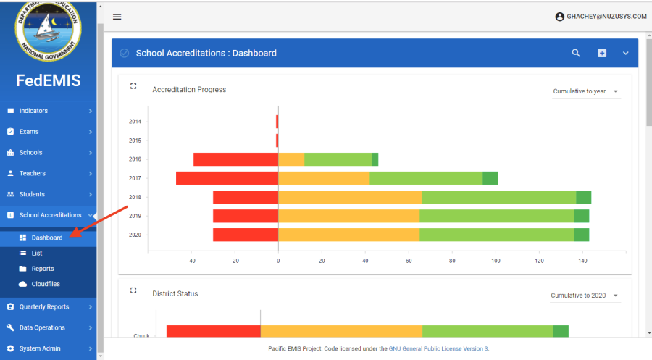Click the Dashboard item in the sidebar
(46, 238)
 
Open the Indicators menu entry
(33, 111)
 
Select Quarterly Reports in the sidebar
(43, 306)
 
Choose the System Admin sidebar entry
(40, 348)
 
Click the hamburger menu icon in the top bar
(117, 17)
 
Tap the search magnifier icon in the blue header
(577, 53)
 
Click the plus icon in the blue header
(601, 53)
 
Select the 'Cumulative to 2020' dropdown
(584, 296)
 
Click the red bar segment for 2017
(227, 178)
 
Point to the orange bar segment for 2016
(291, 159)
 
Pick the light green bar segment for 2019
(496, 216)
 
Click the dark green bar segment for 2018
(584, 197)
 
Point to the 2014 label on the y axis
(135, 122)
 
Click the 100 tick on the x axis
(496, 261)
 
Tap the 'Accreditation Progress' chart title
(189, 90)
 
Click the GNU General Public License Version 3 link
(438, 348)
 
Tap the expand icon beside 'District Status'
(133, 290)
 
